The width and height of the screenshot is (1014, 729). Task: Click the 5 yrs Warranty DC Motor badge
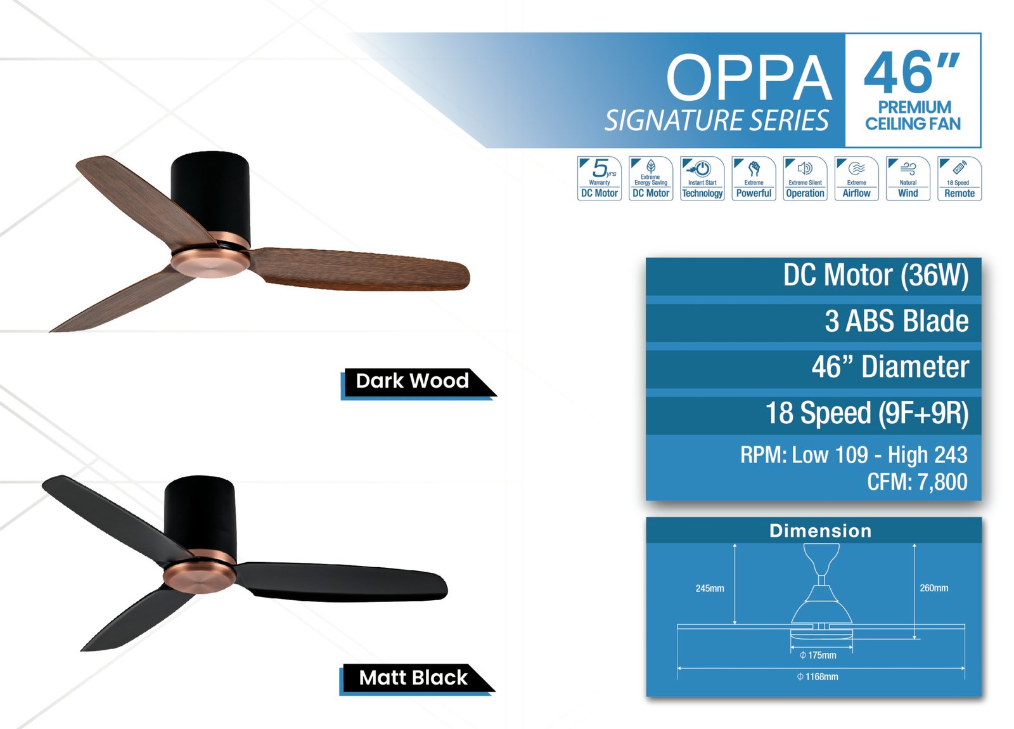(x=599, y=178)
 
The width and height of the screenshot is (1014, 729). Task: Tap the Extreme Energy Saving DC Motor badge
(x=650, y=178)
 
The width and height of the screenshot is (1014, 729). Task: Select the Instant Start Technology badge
(x=702, y=178)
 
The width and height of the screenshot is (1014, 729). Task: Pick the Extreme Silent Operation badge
(x=805, y=178)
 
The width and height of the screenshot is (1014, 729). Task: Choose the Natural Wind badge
(x=908, y=178)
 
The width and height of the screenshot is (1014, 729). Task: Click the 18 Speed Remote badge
(x=959, y=178)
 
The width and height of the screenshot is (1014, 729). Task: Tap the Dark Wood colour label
(x=413, y=381)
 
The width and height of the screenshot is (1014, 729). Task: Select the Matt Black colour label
(x=413, y=678)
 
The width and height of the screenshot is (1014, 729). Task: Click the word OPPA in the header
(x=748, y=79)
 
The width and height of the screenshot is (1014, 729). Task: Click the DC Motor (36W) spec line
(x=875, y=275)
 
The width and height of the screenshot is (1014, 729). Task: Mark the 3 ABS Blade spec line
(x=896, y=321)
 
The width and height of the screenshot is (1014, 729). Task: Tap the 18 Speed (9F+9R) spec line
(x=866, y=413)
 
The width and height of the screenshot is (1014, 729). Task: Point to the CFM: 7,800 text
(x=916, y=482)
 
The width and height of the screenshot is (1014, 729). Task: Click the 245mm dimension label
(x=710, y=589)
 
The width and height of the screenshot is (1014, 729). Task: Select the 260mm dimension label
(x=934, y=588)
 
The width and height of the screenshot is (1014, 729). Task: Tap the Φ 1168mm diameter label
(x=818, y=677)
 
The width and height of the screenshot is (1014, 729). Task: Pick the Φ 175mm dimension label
(x=818, y=655)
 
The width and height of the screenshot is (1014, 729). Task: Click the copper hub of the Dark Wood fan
(x=210, y=261)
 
